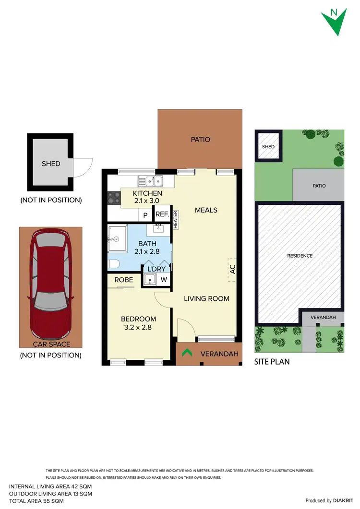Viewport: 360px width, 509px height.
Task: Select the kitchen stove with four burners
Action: pyautogui.click(x=114, y=197)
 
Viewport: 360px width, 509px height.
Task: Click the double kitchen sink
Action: pyautogui.click(x=151, y=181)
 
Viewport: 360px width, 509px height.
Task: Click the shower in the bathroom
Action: pyautogui.click(x=117, y=238)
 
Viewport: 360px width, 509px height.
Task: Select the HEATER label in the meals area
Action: pyautogui.click(x=176, y=220)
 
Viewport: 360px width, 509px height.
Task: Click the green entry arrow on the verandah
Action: pyautogui.click(x=187, y=354)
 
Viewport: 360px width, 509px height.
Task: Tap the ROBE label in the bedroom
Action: pyautogui.click(x=123, y=280)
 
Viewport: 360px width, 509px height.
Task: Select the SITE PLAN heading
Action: pyautogui.click(x=272, y=362)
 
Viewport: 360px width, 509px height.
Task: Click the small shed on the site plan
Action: pyautogui.click(x=268, y=146)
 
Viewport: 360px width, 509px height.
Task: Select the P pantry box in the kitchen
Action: pyautogui.click(x=145, y=215)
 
